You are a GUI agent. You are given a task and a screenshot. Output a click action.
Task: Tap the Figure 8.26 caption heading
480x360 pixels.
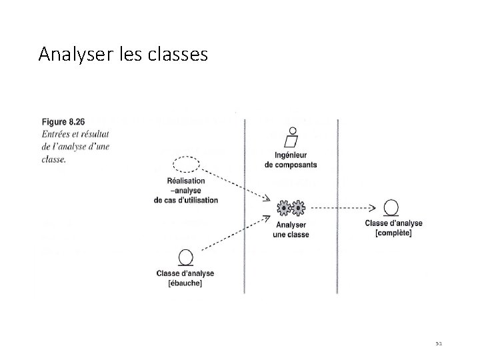click(64, 122)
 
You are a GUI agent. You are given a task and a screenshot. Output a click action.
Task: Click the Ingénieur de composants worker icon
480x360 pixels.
click(291, 137)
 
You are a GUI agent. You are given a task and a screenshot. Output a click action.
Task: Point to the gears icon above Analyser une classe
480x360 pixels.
click(291, 208)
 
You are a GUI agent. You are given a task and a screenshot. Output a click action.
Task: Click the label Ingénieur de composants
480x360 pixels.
click(291, 160)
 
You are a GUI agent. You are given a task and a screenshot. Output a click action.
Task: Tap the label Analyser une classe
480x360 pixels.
click(291, 230)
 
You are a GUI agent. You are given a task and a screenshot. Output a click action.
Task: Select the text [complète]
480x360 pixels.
click(393, 233)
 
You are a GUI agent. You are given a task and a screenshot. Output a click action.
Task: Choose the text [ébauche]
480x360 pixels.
click(185, 283)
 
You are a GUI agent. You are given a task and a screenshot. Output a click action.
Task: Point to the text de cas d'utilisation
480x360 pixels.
click(185, 200)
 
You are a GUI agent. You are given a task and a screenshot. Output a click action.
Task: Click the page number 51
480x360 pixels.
click(439, 343)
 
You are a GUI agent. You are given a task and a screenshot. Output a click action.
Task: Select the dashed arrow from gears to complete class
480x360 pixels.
click(344, 208)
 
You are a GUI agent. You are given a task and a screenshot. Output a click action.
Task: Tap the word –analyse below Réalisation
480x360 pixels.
click(185, 191)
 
